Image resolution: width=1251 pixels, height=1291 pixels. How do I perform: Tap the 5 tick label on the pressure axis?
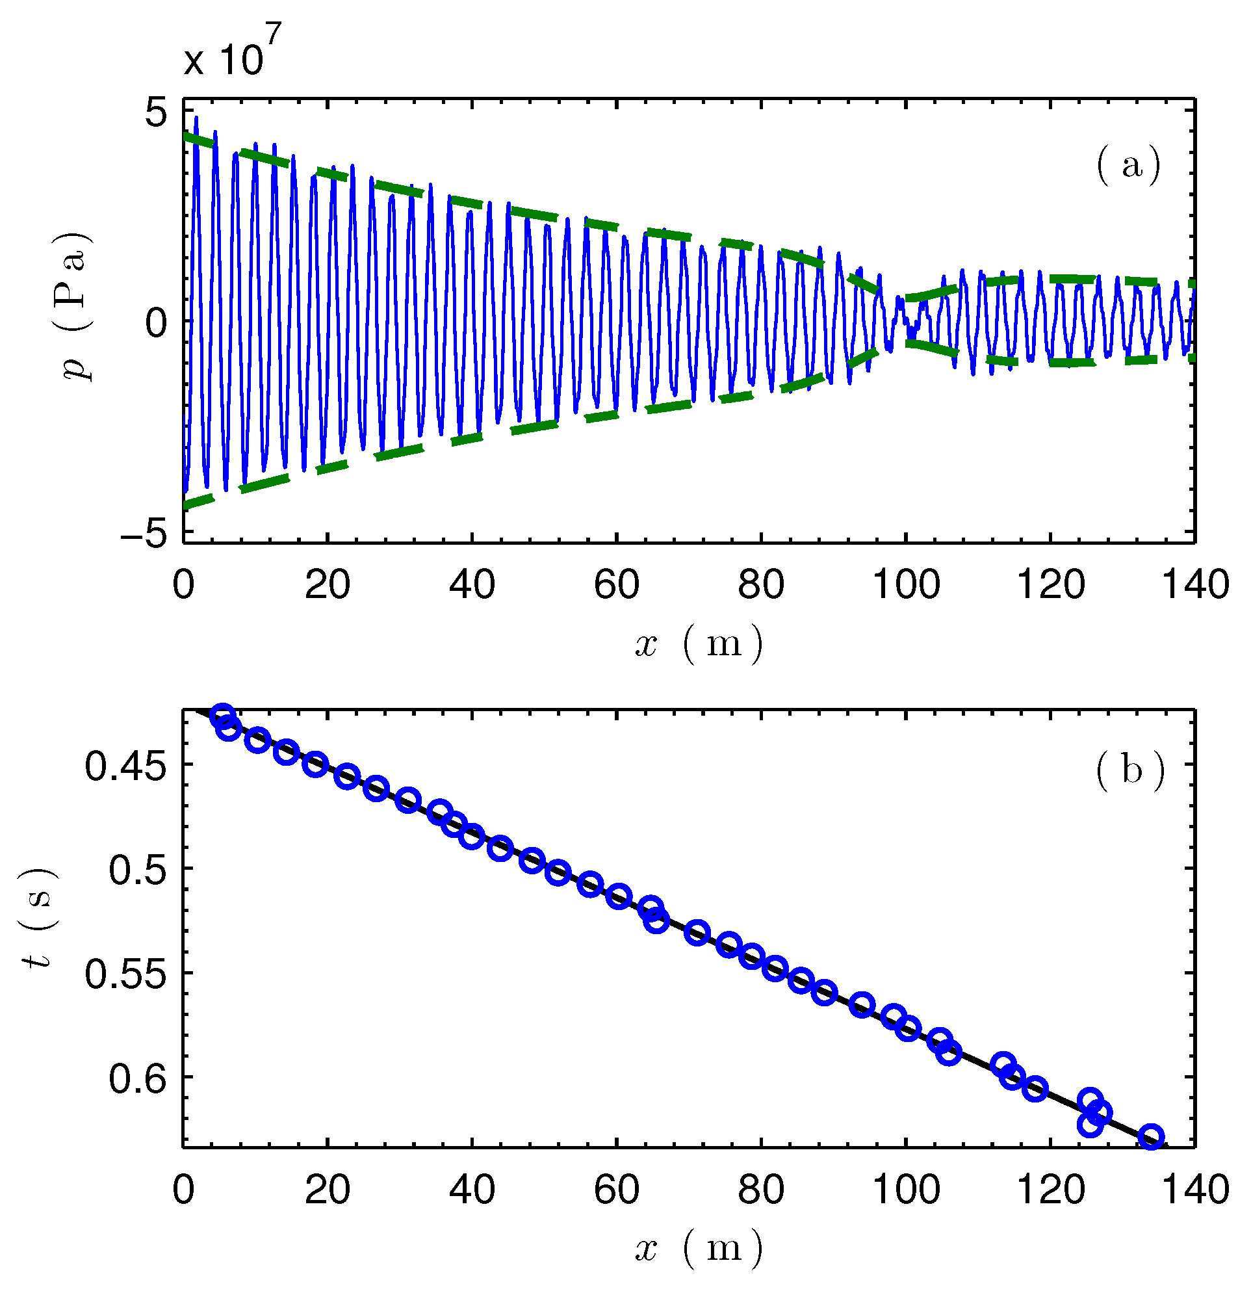pos(156,113)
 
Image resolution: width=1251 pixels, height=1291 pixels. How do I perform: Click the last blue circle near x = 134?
pos(1151,1138)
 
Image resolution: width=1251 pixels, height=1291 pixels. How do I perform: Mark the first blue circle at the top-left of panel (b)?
pos(223,716)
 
